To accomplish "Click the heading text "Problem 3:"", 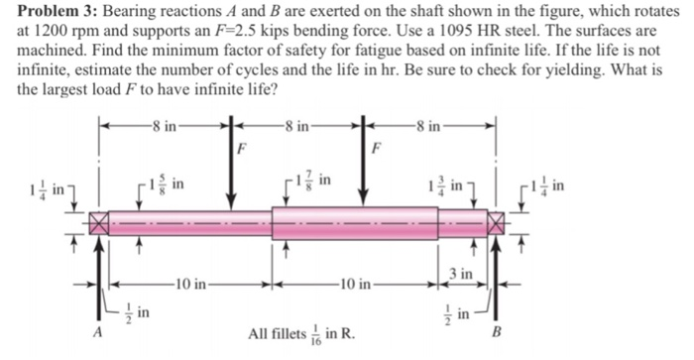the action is [x=49, y=12].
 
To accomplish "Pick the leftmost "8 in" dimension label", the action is [x=162, y=125].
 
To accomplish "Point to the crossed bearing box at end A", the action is [x=98, y=222].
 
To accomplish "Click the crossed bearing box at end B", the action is [x=496, y=222].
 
